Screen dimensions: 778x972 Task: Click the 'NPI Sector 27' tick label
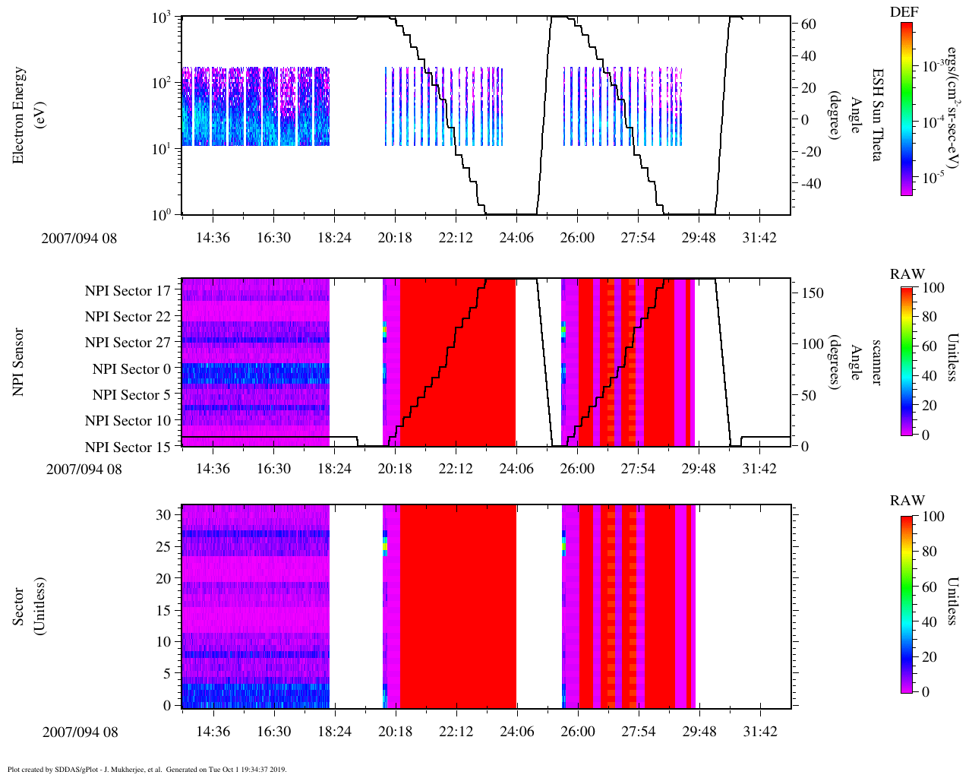[x=128, y=343]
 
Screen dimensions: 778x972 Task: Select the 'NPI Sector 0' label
[x=131, y=369]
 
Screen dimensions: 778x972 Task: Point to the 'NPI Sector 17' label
[x=128, y=291]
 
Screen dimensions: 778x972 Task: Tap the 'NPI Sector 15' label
[x=128, y=448]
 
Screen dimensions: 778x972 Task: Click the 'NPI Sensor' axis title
[x=19, y=362]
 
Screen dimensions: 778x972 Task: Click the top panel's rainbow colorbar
[x=907, y=109]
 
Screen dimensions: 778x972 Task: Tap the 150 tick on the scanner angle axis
[x=813, y=293]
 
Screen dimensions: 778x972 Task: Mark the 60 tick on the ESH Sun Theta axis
[x=809, y=24]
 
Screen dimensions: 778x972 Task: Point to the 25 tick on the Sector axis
[x=163, y=546]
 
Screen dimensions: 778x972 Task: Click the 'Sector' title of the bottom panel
[x=19, y=606]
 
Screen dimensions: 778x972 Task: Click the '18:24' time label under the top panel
[x=334, y=238]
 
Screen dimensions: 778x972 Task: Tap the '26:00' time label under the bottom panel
[x=578, y=732]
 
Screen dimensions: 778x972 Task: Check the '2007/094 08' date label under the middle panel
[x=84, y=469]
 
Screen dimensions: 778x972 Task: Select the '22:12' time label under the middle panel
[x=456, y=469]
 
